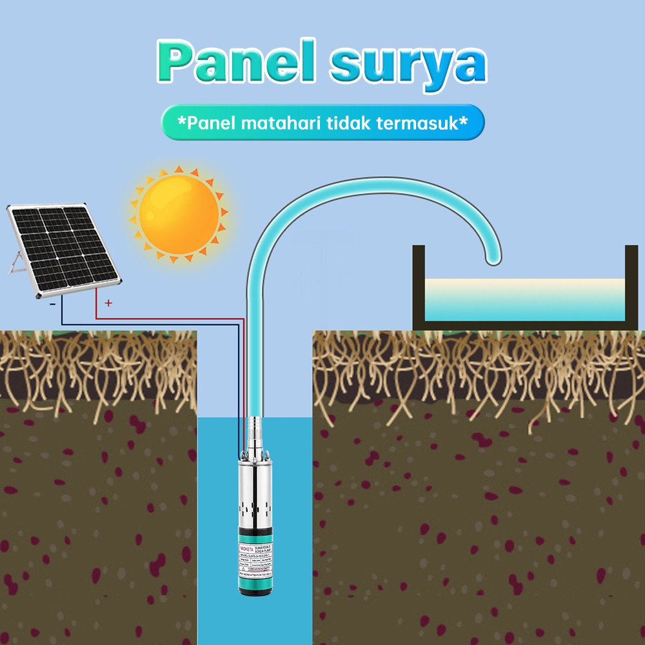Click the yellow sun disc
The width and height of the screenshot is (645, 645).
[179, 214]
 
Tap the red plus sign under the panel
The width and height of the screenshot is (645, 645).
[108, 303]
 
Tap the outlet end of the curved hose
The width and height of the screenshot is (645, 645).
[493, 259]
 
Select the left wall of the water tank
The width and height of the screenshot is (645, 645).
[419, 284]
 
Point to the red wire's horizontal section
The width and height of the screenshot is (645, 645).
[168, 319]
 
